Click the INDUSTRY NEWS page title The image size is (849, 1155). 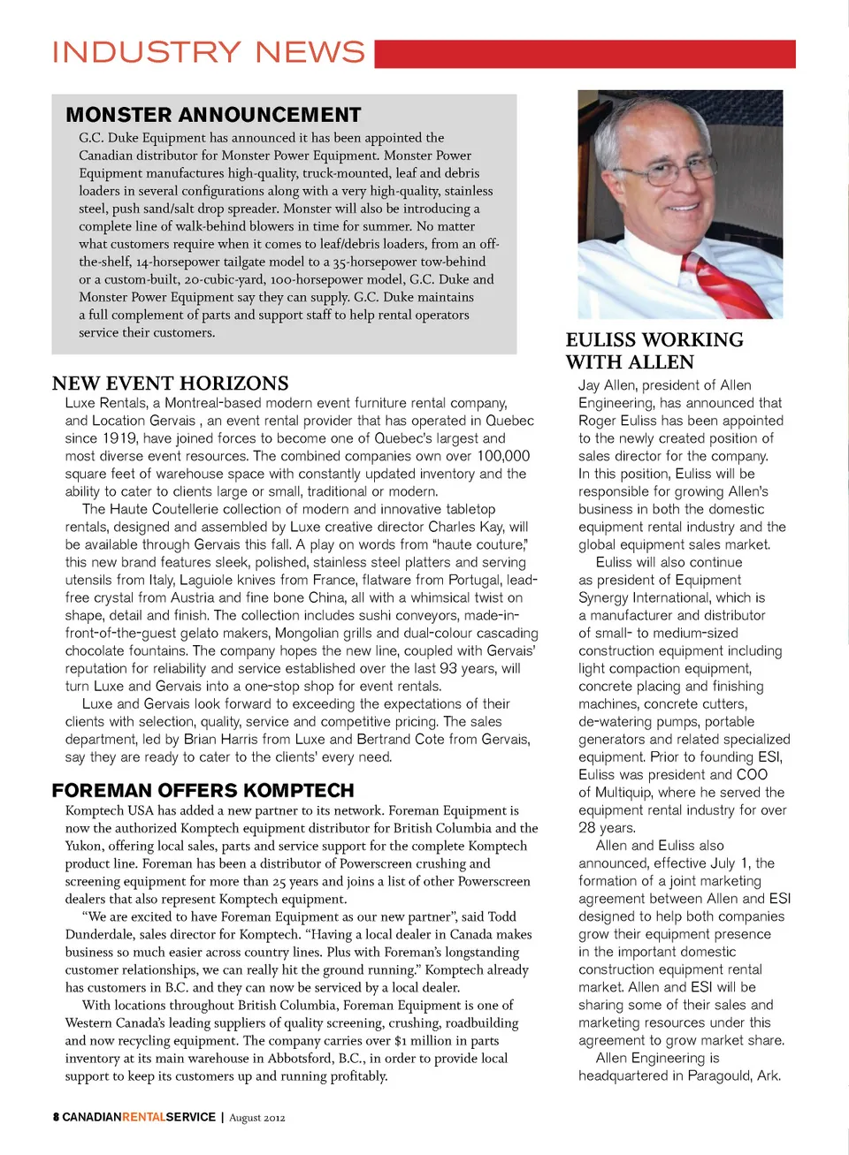(x=209, y=52)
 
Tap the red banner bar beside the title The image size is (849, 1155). (x=585, y=54)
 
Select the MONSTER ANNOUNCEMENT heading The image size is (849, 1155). (x=213, y=115)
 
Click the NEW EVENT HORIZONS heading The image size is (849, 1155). (x=170, y=384)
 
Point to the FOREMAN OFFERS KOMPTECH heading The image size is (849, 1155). (x=203, y=790)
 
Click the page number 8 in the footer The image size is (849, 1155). (x=56, y=1117)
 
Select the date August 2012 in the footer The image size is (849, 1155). (x=257, y=1118)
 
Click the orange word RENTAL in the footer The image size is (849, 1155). (x=143, y=1117)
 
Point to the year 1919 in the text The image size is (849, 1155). (x=119, y=438)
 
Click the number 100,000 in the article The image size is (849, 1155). (x=503, y=456)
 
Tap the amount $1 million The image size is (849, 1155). (x=432, y=1040)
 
